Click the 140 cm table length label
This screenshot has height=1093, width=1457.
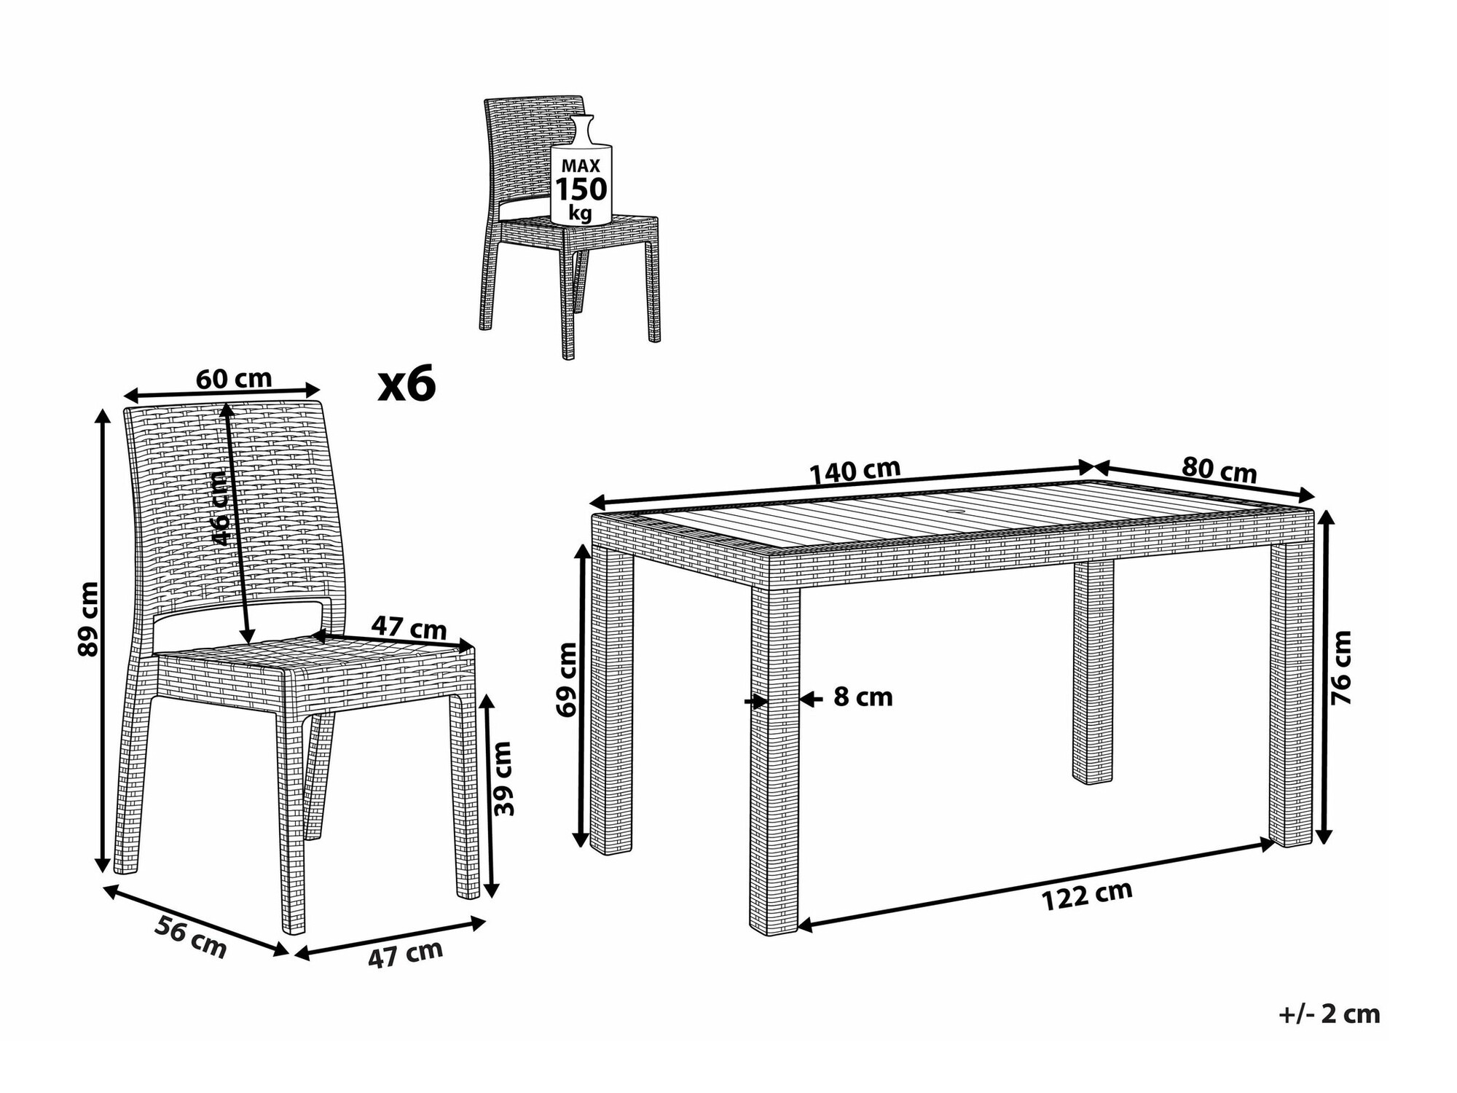(x=855, y=471)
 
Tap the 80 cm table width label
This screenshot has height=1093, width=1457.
(x=1220, y=470)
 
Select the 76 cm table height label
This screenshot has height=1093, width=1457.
(x=1341, y=667)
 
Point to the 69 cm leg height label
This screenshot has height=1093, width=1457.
(x=566, y=678)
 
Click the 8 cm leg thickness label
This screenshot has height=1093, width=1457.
(x=863, y=697)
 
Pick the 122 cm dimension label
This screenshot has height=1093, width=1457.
(x=1088, y=896)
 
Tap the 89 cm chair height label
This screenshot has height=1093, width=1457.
(x=88, y=619)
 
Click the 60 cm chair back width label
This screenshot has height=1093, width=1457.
(x=234, y=379)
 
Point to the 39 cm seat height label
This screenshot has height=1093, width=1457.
(x=503, y=778)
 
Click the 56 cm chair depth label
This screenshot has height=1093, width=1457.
(x=191, y=938)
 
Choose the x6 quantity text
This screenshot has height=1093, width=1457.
(x=407, y=385)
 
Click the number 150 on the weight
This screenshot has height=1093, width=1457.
(x=581, y=189)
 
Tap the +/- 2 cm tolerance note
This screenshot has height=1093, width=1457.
(x=1330, y=1014)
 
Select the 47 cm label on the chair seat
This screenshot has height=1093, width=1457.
(x=409, y=627)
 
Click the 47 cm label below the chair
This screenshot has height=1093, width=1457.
(x=405, y=954)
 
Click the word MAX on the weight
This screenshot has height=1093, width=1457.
(x=581, y=166)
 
